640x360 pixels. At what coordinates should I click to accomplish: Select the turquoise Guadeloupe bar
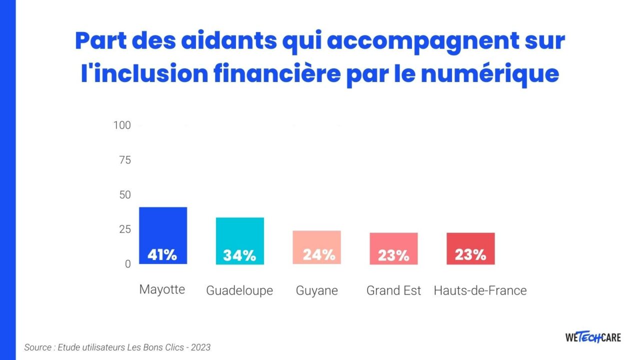[x=239, y=233]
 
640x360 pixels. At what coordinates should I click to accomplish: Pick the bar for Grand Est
[x=393, y=240]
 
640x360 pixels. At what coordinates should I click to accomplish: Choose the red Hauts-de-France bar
[x=470, y=240]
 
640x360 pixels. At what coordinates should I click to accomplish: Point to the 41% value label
[x=162, y=255]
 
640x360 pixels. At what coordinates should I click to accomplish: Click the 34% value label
[x=239, y=255]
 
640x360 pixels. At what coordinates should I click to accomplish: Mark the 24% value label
[x=318, y=255]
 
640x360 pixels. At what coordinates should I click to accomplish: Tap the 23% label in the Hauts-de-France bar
[x=470, y=255]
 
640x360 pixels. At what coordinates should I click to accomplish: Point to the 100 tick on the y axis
[x=122, y=125]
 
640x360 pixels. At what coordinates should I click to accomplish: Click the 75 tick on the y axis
[x=124, y=160]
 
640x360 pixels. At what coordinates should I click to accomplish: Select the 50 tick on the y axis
[x=124, y=194]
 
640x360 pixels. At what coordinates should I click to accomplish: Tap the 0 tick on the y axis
[x=127, y=264]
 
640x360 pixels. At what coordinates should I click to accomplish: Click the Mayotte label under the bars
[x=162, y=289]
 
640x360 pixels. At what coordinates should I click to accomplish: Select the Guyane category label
[x=317, y=290]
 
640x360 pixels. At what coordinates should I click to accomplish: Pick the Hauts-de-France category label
[x=480, y=290]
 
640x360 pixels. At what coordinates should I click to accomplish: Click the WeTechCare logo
[x=593, y=337]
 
